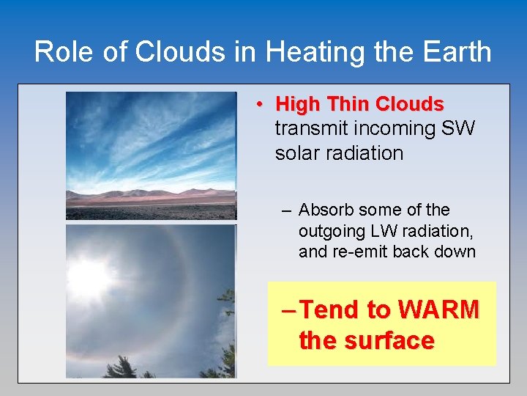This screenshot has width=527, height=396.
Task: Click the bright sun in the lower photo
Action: [89, 278]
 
